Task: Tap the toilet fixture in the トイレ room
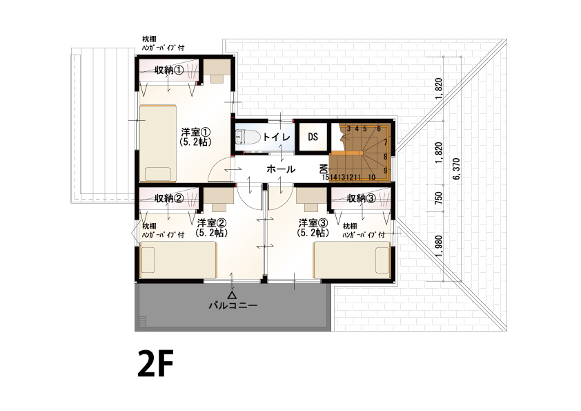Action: pos(244,137)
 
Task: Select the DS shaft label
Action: pos(313,137)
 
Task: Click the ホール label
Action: pos(281,169)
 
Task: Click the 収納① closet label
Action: pos(169,70)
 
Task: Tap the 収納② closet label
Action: pos(169,198)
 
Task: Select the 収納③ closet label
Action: pos(362,198)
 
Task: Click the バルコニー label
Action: pos(233,305)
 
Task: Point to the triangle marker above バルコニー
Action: pos(233,295)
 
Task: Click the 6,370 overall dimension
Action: pos(456,169)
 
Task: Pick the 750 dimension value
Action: pos(439,198)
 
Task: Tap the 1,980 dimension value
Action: pos(439,246)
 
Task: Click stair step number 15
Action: pos(326,178)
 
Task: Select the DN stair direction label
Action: pos(324,169)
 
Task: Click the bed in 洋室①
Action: pos(158,144)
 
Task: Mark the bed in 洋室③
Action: pos(352,260)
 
